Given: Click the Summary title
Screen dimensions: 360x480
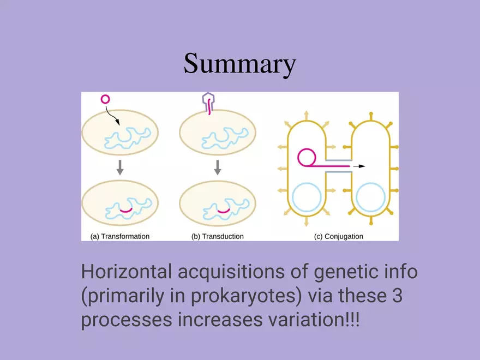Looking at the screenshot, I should click(239, 64).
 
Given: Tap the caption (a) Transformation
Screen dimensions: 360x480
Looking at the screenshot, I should click(119, 236).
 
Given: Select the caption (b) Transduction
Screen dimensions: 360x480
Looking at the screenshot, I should click(217, 236).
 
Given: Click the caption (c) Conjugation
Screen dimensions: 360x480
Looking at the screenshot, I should click(339, 236).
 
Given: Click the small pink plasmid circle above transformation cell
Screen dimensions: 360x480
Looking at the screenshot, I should click(105, 99).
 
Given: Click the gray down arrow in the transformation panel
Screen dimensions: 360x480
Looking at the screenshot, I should click(120, 167).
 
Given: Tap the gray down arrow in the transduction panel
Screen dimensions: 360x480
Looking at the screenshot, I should click(217, 167).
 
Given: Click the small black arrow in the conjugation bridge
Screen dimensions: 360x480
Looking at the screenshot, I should click(358, 165).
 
